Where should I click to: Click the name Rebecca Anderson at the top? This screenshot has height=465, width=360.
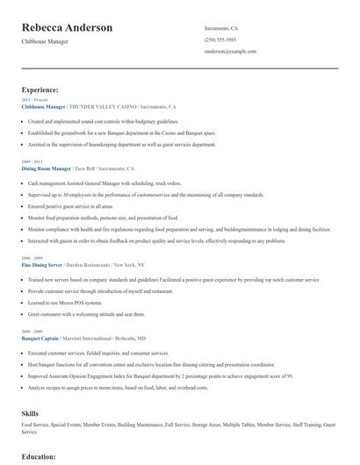[67, 28]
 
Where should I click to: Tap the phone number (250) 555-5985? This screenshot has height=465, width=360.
[220, 40]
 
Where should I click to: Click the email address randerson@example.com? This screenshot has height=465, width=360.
[230, 52]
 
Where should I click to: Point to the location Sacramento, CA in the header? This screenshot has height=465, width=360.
[221, 29]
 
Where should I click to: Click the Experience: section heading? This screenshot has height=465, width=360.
[40, 89]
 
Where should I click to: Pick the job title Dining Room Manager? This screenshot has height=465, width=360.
[46, 168]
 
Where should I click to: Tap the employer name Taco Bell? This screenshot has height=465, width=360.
[86, 168]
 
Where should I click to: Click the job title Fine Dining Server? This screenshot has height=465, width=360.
[43, 264]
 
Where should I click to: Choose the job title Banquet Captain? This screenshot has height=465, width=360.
[40, 337]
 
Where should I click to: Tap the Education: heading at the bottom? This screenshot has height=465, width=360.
[38, 456]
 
